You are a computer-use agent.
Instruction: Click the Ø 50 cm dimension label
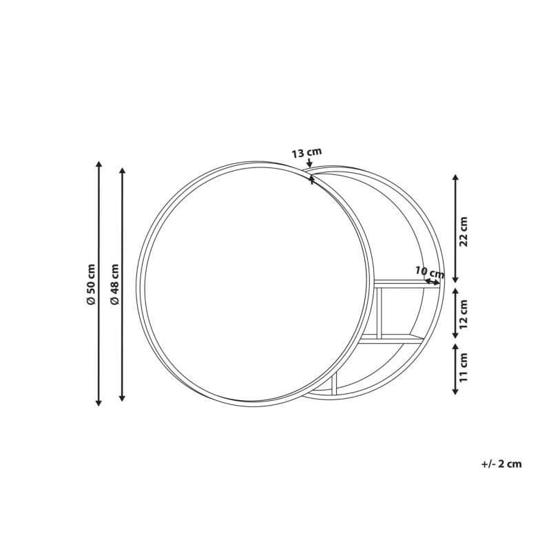point(91,284)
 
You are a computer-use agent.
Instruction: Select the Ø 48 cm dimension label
point(114,284)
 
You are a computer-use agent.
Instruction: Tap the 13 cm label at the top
point(306,152)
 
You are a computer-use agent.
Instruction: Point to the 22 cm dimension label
point(464,231)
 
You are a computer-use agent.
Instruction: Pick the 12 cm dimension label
point(464,314)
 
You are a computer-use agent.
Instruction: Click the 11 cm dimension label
point(464,367)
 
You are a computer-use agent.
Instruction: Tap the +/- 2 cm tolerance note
point(501,464)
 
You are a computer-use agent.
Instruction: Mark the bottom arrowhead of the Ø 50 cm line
point(99,403)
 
